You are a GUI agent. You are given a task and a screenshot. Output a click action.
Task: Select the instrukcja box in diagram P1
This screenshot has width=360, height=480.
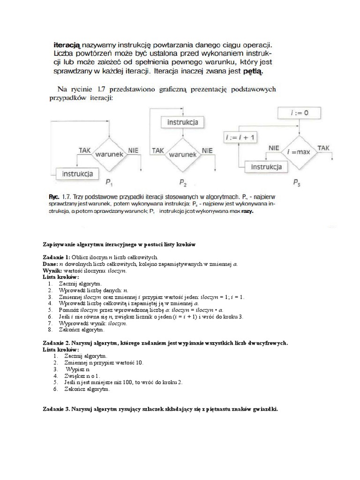tap(78, 173)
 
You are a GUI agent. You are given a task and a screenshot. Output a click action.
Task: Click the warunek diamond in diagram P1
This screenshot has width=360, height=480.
tap(109, 154)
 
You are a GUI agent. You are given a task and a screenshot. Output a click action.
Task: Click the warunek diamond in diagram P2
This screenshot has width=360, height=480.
tap(182, 154)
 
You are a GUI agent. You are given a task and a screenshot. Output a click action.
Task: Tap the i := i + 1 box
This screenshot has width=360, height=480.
tap(240, 137)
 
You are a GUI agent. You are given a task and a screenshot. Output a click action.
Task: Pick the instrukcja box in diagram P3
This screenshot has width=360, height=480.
tap(266, 167)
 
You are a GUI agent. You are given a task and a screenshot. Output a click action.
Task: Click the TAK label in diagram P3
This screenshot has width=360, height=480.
tap(324, 148)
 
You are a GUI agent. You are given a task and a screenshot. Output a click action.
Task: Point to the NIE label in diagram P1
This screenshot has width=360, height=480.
tap(134, 150)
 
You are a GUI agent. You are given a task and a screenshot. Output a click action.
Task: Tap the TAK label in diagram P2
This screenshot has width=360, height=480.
tap(158, 150)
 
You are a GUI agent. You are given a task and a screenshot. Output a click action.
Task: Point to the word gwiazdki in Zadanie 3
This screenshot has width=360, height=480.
tap(264, 409)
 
